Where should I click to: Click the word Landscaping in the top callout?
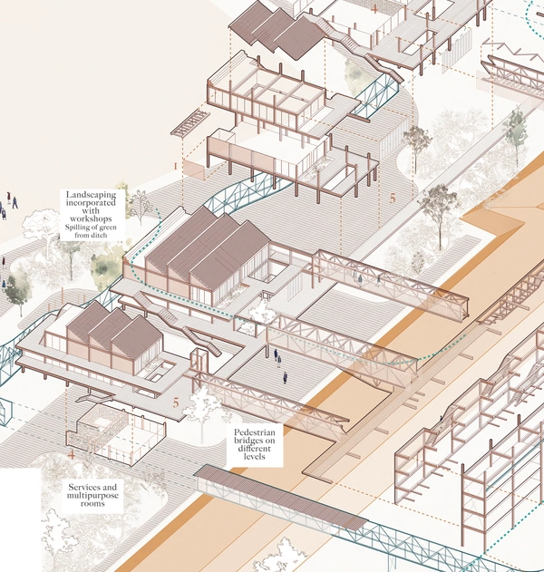[91, 195]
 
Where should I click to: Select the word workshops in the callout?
[91, 218]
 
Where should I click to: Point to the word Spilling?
[77, 228]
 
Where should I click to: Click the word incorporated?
[91, 203]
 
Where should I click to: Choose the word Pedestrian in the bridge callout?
[255, 432]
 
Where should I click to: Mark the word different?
[254, 449]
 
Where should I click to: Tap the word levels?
[254, 457]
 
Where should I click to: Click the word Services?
[92, 488]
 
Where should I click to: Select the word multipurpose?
[92, 495]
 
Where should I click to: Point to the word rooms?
[92, 503]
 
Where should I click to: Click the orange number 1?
[176, 167]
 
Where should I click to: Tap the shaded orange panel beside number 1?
[194, 170]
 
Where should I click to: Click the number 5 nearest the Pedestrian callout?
[176, 403]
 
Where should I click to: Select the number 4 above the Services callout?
[72, 455]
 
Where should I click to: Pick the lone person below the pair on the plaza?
[285, 378]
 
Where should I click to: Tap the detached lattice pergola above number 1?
[190, 124]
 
